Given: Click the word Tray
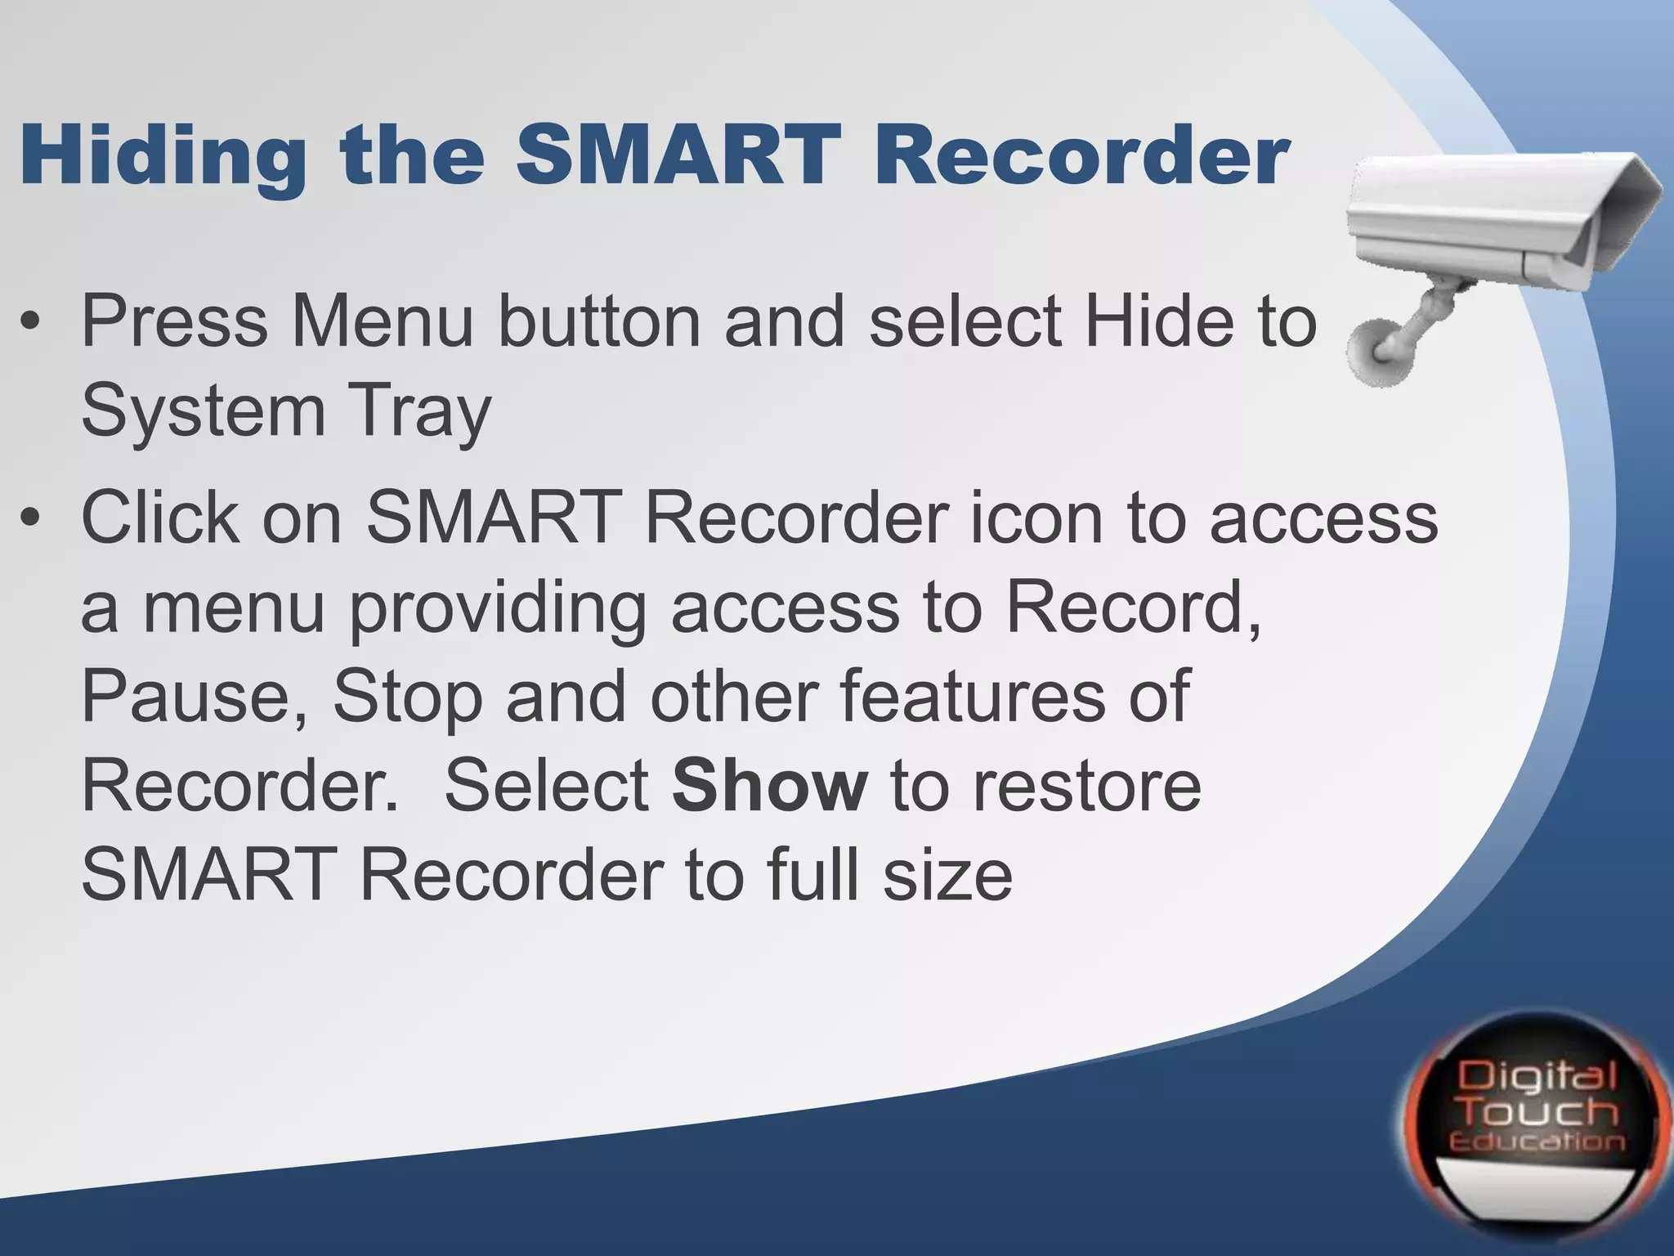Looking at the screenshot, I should point(420,412).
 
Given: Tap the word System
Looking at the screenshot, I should point(203,412).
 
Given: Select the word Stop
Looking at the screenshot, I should point(407,697).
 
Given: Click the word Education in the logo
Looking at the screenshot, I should point(1537,1142).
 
